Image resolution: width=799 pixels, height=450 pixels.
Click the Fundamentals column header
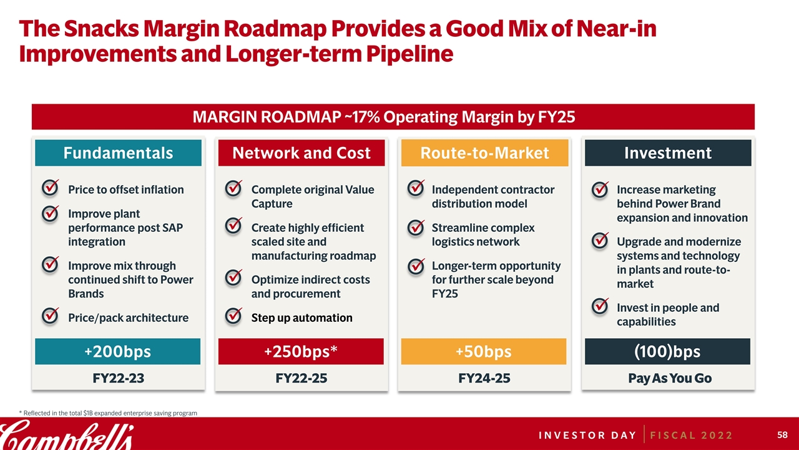[118, 153]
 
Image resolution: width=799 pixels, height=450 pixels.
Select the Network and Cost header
[301, 153]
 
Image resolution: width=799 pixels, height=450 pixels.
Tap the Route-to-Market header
[484, 153]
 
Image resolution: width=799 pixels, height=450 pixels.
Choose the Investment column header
[667, 153]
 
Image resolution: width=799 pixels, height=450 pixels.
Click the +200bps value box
[117, 352]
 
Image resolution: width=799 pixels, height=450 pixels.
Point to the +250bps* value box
[301, 352]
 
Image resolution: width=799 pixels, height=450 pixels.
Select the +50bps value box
[483, 352]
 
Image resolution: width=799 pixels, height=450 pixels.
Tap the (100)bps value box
[667, 352]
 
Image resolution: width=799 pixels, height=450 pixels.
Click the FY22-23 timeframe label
[117, 378]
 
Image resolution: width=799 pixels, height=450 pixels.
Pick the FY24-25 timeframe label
[483, 378]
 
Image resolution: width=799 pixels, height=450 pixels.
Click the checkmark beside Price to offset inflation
[51, 188]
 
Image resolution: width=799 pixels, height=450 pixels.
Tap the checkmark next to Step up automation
[233, 316]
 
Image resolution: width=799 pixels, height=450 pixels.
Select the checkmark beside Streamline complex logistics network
[415, 228]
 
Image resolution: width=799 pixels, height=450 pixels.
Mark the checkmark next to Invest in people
[599, 306]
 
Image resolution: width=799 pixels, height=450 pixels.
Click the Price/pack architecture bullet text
[128, 318]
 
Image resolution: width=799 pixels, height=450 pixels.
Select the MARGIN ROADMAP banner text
[383, 117]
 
